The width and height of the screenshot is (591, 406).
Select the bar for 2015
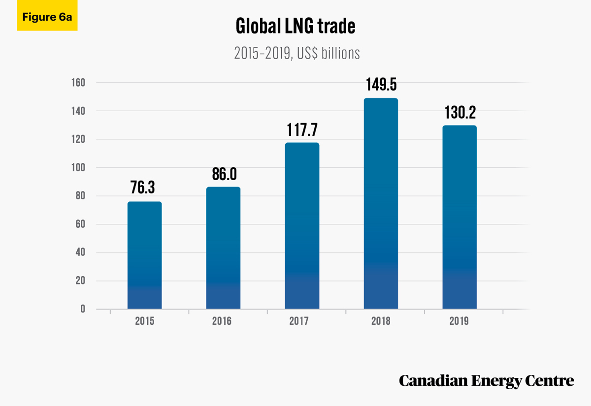tap(145, 255)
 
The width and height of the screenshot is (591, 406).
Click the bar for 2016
tap(223, 248)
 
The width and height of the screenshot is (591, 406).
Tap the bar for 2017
tap(302, 226)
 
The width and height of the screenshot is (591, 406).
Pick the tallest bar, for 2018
tap(381, 204)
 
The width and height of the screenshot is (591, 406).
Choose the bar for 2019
tap(460, 217)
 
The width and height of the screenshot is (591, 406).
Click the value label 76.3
tap(142, 187)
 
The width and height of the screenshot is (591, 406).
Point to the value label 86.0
tap(224, 174)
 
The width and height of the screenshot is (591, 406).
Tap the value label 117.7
tap(302, 130)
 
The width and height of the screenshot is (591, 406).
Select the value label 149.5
tap(381, 85)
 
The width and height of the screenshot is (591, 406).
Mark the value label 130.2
tap(460, 112)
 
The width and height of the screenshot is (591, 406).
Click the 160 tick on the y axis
tap(78, 83)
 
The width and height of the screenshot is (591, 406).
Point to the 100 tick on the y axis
tap(78, 168)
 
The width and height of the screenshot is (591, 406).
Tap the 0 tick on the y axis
tap(83, 309)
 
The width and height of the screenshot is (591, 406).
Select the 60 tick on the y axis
tap(80, 224)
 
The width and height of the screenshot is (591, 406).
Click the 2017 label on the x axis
tap(298, 321)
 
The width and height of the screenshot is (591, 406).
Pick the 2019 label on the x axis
tap(459, 321)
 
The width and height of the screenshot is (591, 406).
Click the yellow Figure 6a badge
tap(47, 15)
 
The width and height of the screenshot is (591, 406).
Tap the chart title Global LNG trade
tap(295, 26)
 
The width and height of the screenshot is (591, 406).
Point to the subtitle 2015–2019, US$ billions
tap(297, 53)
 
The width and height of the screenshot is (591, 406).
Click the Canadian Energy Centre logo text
tap(486, 381)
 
